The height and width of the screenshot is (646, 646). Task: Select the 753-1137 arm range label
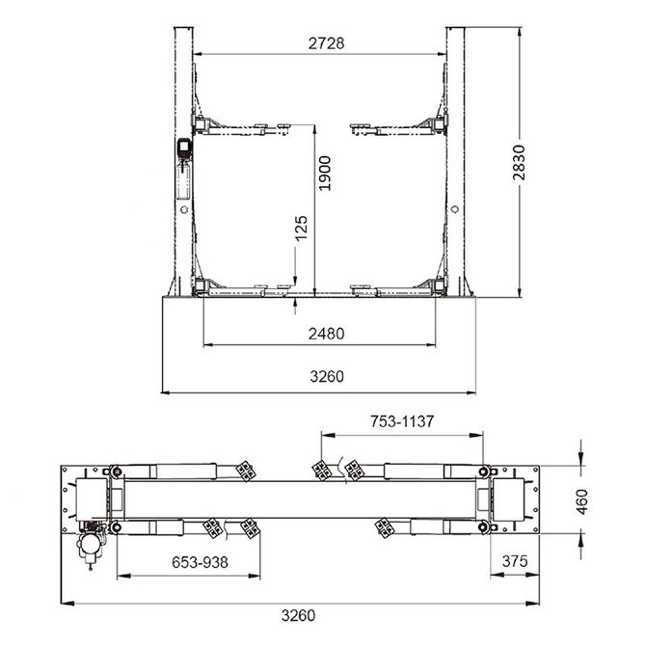click(401, 421)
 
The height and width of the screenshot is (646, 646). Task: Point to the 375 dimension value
click(515, 561)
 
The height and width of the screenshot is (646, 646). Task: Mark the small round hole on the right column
click(454, 207)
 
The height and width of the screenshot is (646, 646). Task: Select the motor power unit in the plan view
click(90, 545)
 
